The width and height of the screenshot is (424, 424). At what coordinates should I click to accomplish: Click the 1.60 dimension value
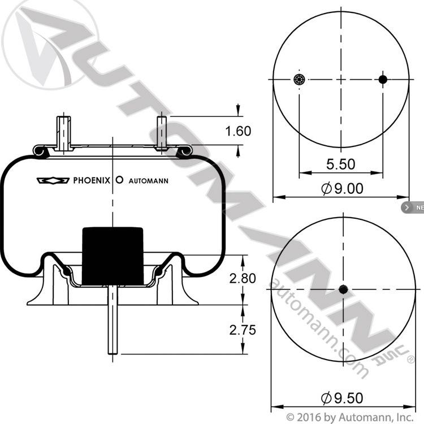pos(238,131)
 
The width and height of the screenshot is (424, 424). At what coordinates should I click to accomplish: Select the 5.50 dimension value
pos(341,164)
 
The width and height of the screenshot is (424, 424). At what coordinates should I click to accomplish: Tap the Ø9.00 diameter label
pos(343,188)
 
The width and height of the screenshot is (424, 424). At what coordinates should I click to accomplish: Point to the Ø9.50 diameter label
pos(343,398)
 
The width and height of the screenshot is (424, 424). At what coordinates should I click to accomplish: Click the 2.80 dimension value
pos(243,279)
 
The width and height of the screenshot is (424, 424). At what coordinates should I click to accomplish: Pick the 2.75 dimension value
pos(243,330)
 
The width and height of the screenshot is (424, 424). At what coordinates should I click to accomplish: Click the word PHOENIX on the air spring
pos(92,180)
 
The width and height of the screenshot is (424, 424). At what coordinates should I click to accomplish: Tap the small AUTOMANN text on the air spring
pos(149,181)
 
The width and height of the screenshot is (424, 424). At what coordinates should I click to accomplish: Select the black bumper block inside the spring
pos(113,256)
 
